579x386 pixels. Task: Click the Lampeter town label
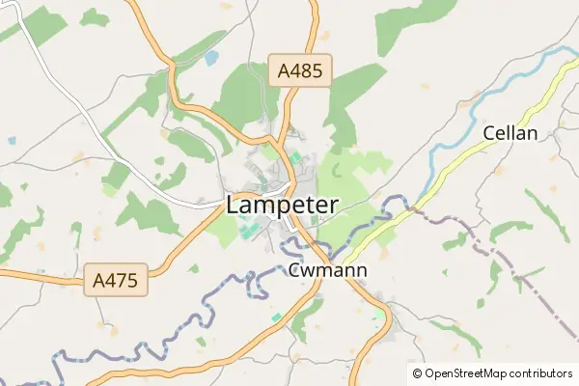pos(282,205)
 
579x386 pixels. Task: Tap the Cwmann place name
pos(327,270)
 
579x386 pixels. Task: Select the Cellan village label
pos(510,133)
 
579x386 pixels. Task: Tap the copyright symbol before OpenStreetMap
pos(418,372)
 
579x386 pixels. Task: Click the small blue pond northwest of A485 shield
pos(211,58)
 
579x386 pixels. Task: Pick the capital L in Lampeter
pos(233,205)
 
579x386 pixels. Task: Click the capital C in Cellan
pos(488,133)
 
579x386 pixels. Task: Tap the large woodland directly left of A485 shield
pos(241,96)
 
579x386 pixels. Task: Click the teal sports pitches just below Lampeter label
pos(249,230)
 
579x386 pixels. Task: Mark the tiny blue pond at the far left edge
pos(12,140)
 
